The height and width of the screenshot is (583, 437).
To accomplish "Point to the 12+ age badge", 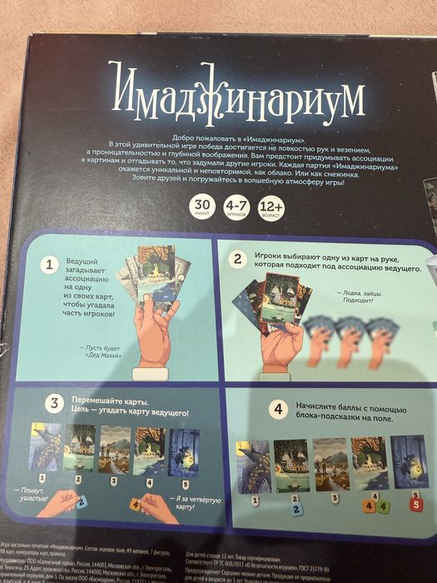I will tap(272, 206).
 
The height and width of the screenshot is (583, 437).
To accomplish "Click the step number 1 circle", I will tap(49, 265).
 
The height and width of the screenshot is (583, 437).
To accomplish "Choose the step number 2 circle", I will tap(238, 259).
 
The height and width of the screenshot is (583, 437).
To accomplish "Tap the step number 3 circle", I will tap(55, 404).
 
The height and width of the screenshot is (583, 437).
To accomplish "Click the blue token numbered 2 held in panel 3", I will tap(81, 501).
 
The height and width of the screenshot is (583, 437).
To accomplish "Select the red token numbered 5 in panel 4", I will tap(415, 503).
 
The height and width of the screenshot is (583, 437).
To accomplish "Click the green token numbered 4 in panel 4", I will tap(382, 503).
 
